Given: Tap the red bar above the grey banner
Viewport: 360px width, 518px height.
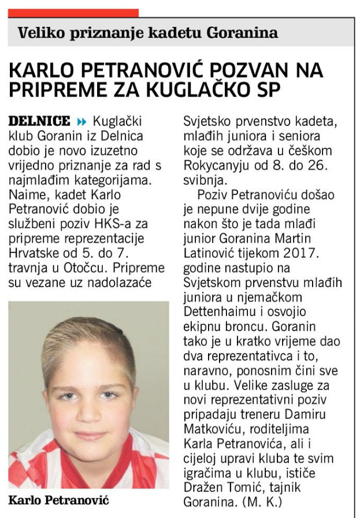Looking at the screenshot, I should pos(73,13).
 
